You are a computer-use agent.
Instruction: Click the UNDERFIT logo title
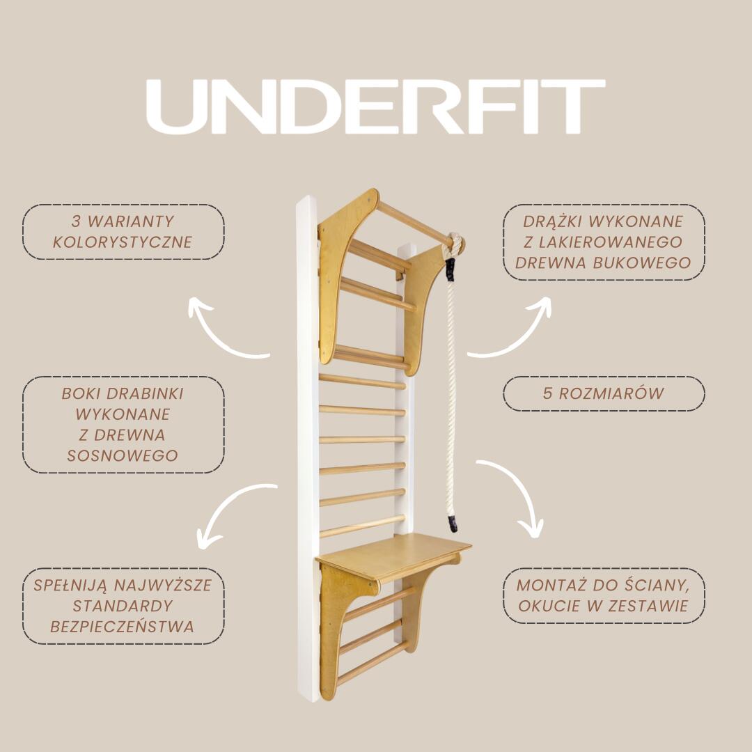(375, 107)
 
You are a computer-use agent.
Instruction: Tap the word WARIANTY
(130, 221)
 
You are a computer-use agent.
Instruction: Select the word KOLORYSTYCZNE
(123, 242)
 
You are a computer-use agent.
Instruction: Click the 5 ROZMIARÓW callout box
(604, 393)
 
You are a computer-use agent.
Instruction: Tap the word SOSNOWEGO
(123, 455)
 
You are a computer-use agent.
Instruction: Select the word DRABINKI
(146, 393)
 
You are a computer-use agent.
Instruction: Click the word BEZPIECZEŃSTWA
(123, 627)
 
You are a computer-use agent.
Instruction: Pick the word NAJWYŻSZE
(163, 586)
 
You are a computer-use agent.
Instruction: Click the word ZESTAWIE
(648, 606)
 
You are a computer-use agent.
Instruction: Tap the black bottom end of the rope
(453, 524)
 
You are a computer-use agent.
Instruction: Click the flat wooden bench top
(394, 556)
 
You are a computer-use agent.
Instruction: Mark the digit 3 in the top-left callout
(76, 221)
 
